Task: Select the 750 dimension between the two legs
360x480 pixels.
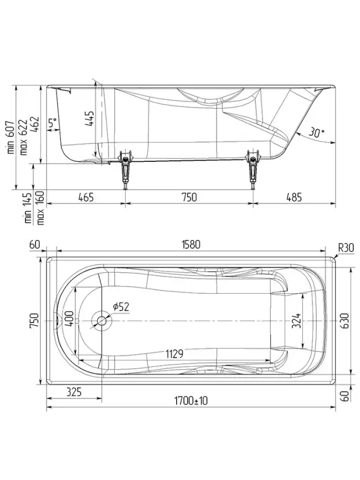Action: pos(189,197)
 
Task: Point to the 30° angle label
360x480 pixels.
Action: pos(316,133)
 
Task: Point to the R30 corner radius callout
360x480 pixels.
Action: pos(346,247)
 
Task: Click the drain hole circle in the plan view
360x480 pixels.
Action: pos(101,321)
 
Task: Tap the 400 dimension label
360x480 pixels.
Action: pos(68,320)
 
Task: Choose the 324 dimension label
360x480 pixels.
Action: pos(296,320)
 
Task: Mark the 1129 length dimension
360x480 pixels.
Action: pos(173,354)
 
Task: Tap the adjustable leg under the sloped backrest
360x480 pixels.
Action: pos(254,173)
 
